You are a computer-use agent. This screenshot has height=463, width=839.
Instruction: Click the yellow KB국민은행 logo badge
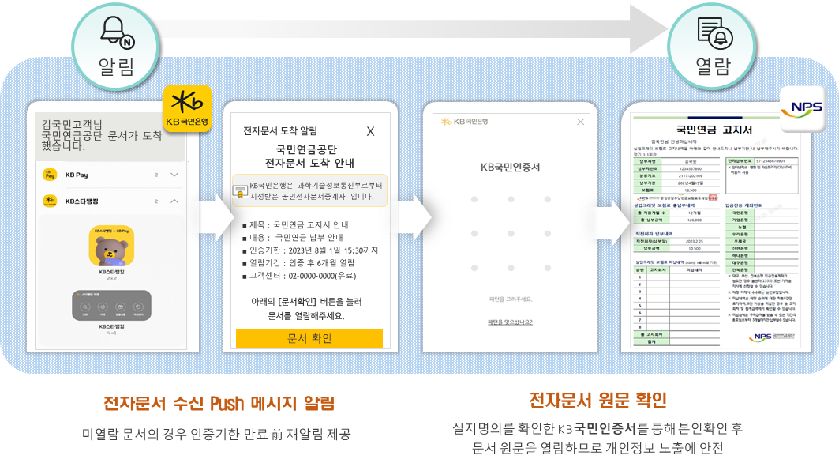point(187,107)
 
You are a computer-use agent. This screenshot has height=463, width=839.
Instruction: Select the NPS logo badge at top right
point(802,109)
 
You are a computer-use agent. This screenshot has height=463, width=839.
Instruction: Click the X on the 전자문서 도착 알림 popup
point(370,131)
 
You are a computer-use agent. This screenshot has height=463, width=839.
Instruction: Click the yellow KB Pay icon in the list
point(50,175)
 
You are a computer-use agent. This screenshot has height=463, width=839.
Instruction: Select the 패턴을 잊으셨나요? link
point(510,322)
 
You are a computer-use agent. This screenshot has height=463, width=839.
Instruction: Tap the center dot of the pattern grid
point(511,234)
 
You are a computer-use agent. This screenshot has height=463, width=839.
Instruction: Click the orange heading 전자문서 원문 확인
point(597,398)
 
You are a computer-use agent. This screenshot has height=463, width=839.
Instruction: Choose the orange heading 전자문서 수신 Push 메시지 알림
point(219,404)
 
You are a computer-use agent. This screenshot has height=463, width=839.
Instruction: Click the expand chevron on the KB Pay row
point(174,175)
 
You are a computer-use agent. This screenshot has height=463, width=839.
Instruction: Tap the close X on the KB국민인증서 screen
point(581,122)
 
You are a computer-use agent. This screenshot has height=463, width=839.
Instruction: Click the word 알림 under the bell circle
point(116,66)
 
